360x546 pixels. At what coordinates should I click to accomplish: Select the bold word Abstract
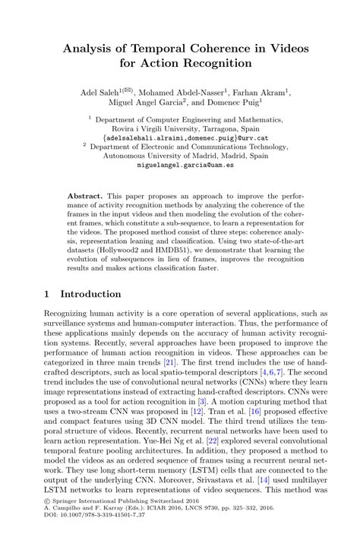(x=106, y=195)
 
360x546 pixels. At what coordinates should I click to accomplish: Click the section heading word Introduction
(x=90, y=294)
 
